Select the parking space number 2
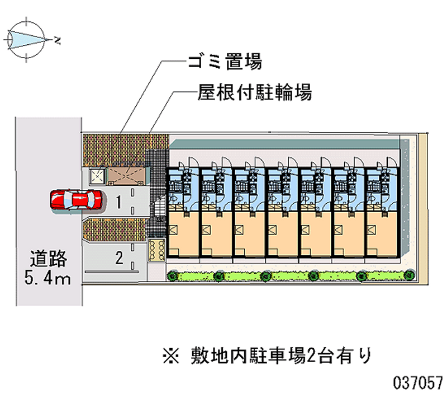tap(118, 258)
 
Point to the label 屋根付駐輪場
tap(254, 92)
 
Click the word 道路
tap(49, 259)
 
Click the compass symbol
tap(25, 39)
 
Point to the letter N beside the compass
tap(58, 39)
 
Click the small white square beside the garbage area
tap(98, 176)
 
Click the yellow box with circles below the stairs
tap(156, 250)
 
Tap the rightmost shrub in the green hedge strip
tap(410, 275)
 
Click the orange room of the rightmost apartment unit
tap(383, 234)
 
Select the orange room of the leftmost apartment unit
tap(182, 234)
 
